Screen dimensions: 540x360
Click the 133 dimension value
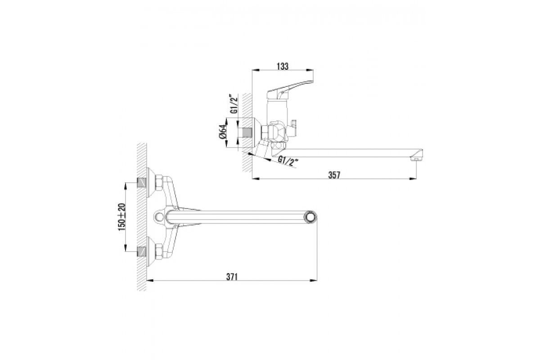point(283,66)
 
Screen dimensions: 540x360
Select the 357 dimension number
point(334,175)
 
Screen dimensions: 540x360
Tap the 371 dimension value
point(232,277)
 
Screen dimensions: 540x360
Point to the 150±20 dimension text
point(122,217)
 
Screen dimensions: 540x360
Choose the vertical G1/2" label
point(234,103)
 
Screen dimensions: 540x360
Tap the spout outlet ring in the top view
point(310,217)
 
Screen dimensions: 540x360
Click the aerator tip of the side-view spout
point(415,159)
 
